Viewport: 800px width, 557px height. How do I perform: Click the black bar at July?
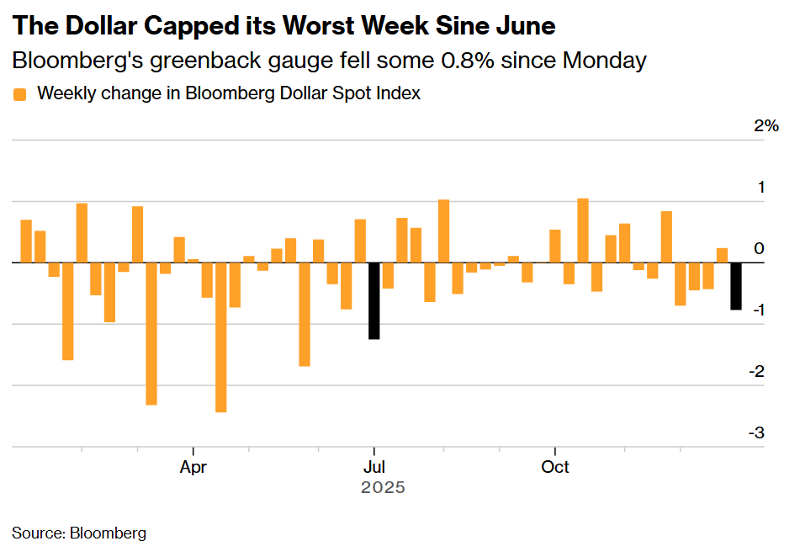[x=374, y=300]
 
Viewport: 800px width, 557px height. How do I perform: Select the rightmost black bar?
[x=736, y=286]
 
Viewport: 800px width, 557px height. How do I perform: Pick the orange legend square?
[x=20, y=94]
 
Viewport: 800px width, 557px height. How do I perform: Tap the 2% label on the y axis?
[x=766, y=126]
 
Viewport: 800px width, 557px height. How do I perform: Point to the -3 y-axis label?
[x=758, y=432]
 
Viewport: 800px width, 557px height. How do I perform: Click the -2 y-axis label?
[x=758, y=371]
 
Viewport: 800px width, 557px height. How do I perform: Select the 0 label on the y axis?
[x=760, y=248]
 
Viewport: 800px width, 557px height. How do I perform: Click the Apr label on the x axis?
[x=193, y=467]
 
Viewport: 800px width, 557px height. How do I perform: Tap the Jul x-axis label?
[x=374, y=467]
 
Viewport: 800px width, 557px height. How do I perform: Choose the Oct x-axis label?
[x=555, y=467]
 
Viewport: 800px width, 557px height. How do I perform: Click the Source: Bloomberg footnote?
[x=79, y=533]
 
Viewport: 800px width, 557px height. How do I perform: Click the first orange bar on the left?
[x=26, y=241]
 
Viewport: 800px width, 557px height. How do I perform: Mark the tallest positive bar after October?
[x=583, y=231]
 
